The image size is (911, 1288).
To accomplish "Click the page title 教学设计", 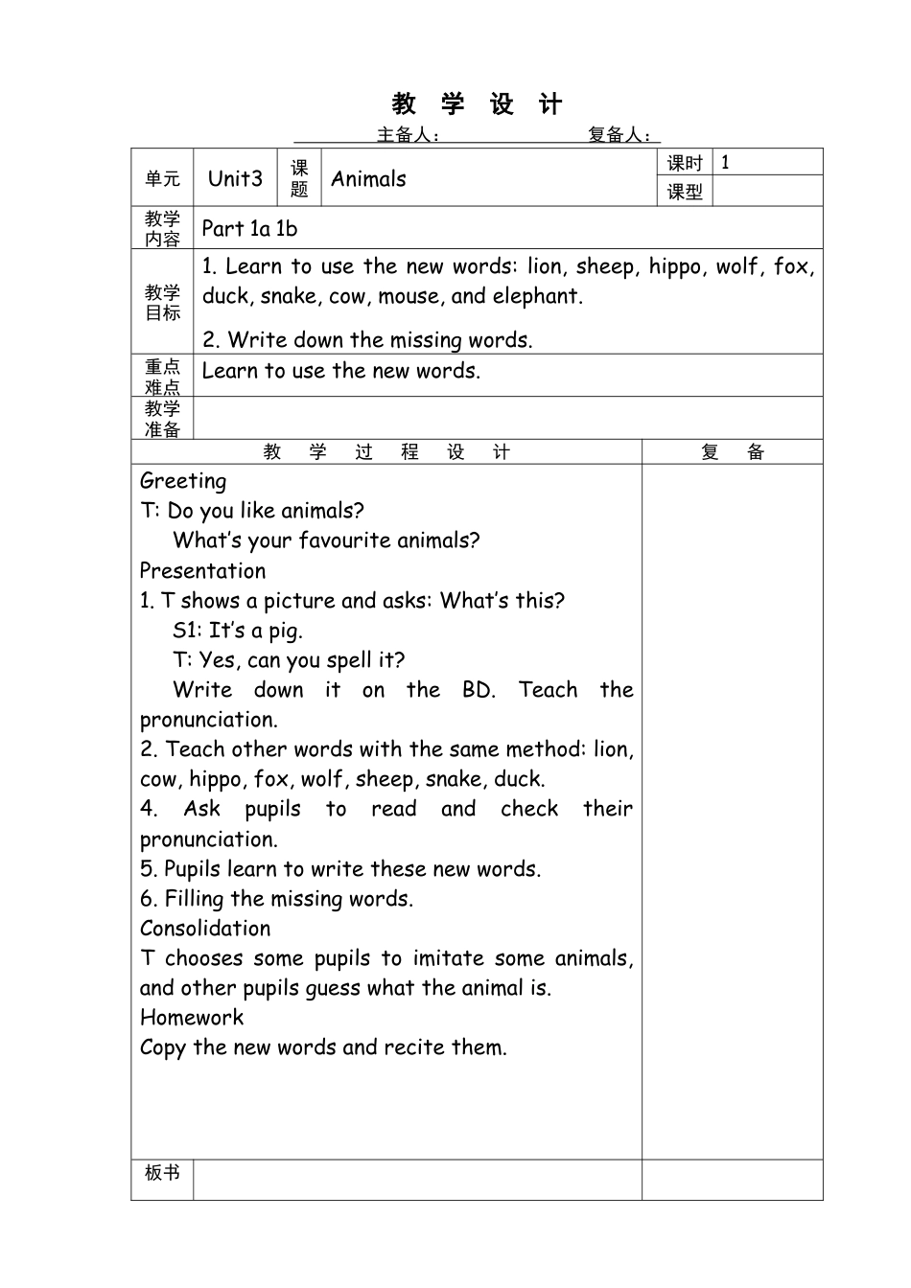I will point(477,103).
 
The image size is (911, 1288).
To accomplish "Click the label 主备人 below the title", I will point(407,135).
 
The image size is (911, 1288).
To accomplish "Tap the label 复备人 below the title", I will point(619,135).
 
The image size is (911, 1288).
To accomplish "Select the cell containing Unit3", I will point(235,178).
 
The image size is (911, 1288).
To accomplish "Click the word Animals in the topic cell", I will point(368,179).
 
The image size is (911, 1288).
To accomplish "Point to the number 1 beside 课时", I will point(725,162).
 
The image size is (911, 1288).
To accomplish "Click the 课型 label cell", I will point(685,192).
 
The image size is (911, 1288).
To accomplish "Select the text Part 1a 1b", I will point(250,229).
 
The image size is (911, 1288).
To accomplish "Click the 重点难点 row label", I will point(162,377).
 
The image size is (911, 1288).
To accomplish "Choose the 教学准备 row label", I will point(162,419).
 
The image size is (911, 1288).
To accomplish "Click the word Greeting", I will point(183,481).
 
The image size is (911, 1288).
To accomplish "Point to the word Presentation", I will point(202,571).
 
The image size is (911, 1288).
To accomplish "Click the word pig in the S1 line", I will point(284,632).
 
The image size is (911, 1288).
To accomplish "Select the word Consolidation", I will point(205,929).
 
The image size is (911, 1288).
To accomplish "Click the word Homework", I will point(192,1018).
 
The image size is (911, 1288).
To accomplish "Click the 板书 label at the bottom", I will point(162,1172).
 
